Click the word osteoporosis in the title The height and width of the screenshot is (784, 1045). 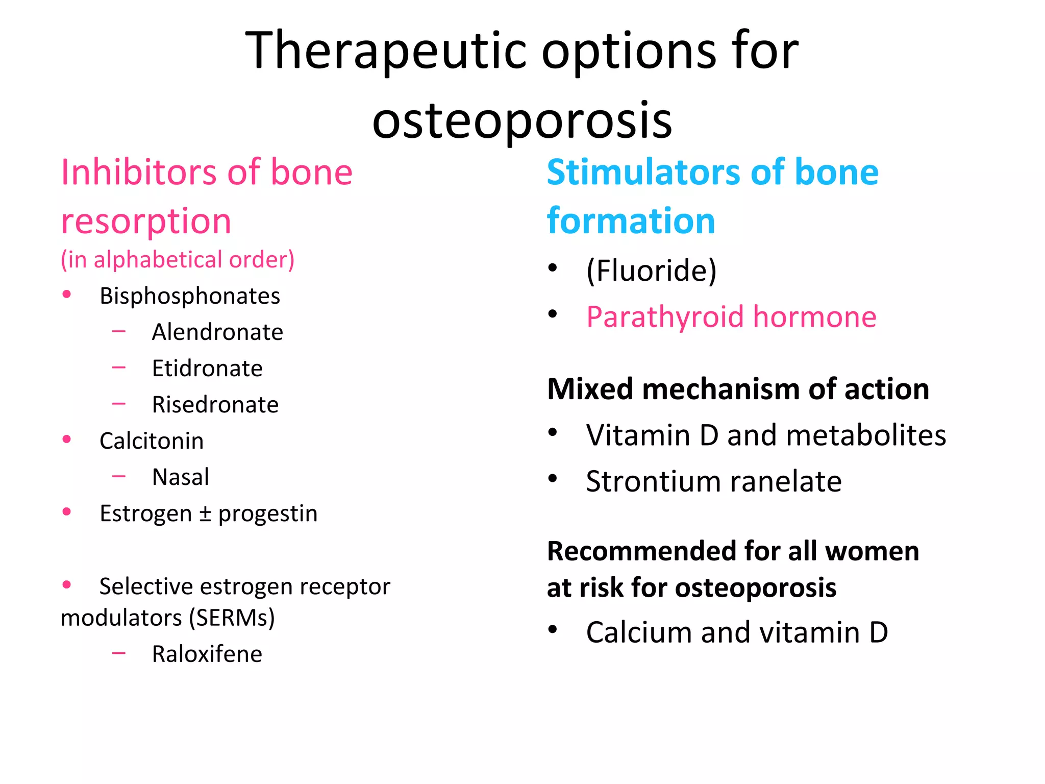point(522,120)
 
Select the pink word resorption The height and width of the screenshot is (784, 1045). point(146,221)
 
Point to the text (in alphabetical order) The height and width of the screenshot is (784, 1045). point(178,259)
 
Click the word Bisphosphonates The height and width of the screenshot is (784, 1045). point(190,296)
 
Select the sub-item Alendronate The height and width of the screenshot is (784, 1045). point(217,332)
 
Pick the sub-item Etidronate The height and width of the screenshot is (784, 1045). point(207,369)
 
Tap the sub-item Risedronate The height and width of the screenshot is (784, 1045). point(215,405)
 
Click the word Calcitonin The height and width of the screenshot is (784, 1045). point(152,441)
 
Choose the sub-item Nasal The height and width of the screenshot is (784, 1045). point(181,477)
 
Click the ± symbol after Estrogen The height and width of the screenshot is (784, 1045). point(205,514)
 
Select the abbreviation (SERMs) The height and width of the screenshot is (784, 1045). point(232,618)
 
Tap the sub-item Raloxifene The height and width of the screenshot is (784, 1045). point(207,654)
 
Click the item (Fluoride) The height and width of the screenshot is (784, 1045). point(652,270)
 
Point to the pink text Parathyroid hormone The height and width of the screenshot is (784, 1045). point(731,317)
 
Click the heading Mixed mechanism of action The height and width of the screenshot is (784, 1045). point(738,389)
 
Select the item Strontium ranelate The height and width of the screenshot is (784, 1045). point(713,481)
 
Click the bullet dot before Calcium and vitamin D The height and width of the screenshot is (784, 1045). point(553,629)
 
